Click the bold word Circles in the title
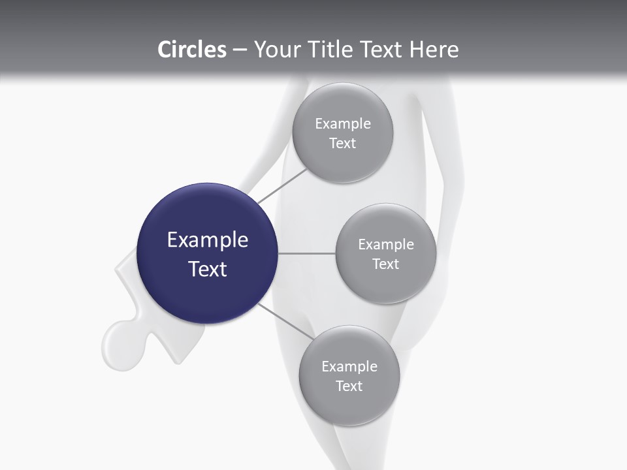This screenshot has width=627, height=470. [191, 50]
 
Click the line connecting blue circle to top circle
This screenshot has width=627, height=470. [282, 185]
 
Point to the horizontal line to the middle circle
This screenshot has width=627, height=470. [307, 253]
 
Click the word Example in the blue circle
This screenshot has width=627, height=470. [208, 240]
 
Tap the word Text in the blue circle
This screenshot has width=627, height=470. [208, 269]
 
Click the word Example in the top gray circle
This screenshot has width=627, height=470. [343, 123]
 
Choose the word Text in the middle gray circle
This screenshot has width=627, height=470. [385, 264]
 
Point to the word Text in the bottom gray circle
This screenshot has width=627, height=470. [349, 386]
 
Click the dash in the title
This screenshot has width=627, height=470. [240, 50]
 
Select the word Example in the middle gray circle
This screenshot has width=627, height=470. [386, 244]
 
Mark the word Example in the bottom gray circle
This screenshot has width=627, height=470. [349, 366]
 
